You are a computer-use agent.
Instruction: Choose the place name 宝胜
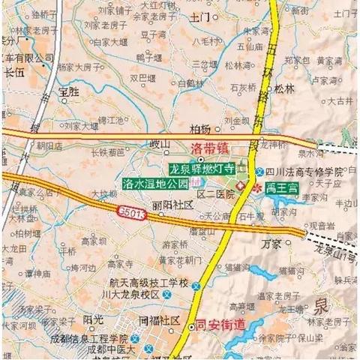(x=68, y=91)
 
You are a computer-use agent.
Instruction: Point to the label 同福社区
(x=160, y=321)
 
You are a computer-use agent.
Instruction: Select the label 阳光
(x=93, y=319)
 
